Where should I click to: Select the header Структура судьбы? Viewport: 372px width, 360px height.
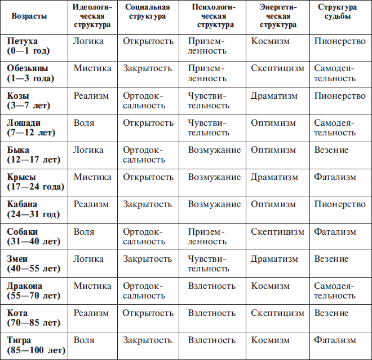coord(337,12)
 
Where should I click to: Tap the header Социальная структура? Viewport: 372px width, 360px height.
coord(147,12)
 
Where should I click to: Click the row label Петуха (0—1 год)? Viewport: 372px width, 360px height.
coord(29,46)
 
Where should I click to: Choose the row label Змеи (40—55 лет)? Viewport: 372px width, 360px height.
coord(33,264)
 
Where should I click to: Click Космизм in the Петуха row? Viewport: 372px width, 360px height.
coord(271,41)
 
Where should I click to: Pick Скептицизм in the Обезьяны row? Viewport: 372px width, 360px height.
coord(277,68)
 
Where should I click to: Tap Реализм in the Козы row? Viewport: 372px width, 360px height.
coord(91,96)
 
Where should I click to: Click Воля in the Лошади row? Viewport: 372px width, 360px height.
coord(84,123)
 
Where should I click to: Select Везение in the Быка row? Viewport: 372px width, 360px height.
coord(331,150)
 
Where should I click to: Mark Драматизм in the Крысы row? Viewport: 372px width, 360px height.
coord(274,177)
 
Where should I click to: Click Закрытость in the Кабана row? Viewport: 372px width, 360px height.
coord(148,204)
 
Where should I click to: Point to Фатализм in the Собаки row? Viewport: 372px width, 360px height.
coord(335,232)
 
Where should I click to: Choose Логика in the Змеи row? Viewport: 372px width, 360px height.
coord(88,259)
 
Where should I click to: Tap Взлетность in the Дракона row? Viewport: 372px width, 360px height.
coord(212,286)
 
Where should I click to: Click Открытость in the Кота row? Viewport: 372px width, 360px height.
coord(148,313)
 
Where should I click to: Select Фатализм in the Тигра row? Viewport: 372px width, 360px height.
coord(335,340)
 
